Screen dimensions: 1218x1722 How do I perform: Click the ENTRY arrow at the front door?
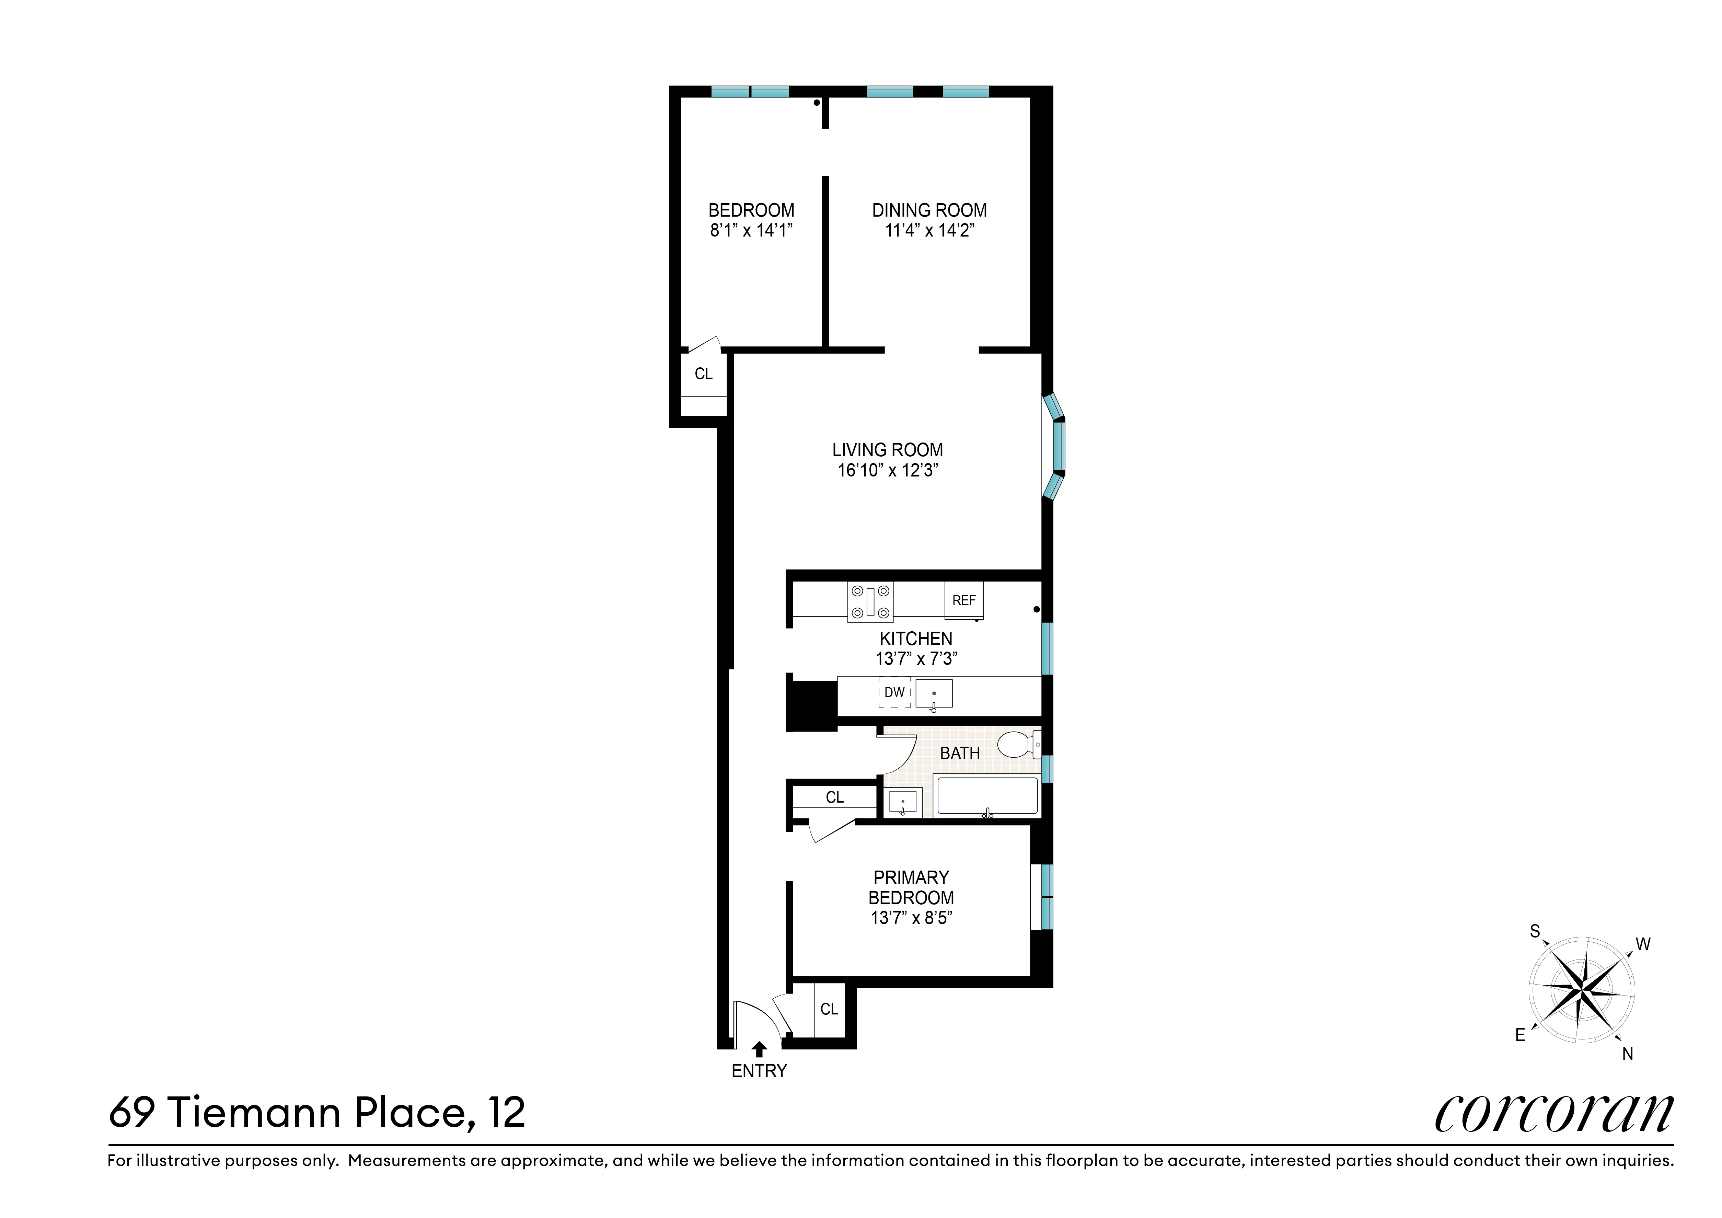[759, 1048]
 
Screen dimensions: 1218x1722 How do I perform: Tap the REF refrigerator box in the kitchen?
[964, 601]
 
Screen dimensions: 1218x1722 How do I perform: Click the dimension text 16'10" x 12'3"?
[888, 470]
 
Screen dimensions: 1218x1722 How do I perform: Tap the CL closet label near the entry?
[829, 1010]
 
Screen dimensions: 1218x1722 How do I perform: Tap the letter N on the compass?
[1628, 1054]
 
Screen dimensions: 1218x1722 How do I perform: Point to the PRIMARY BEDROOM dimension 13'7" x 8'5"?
[911, 918]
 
